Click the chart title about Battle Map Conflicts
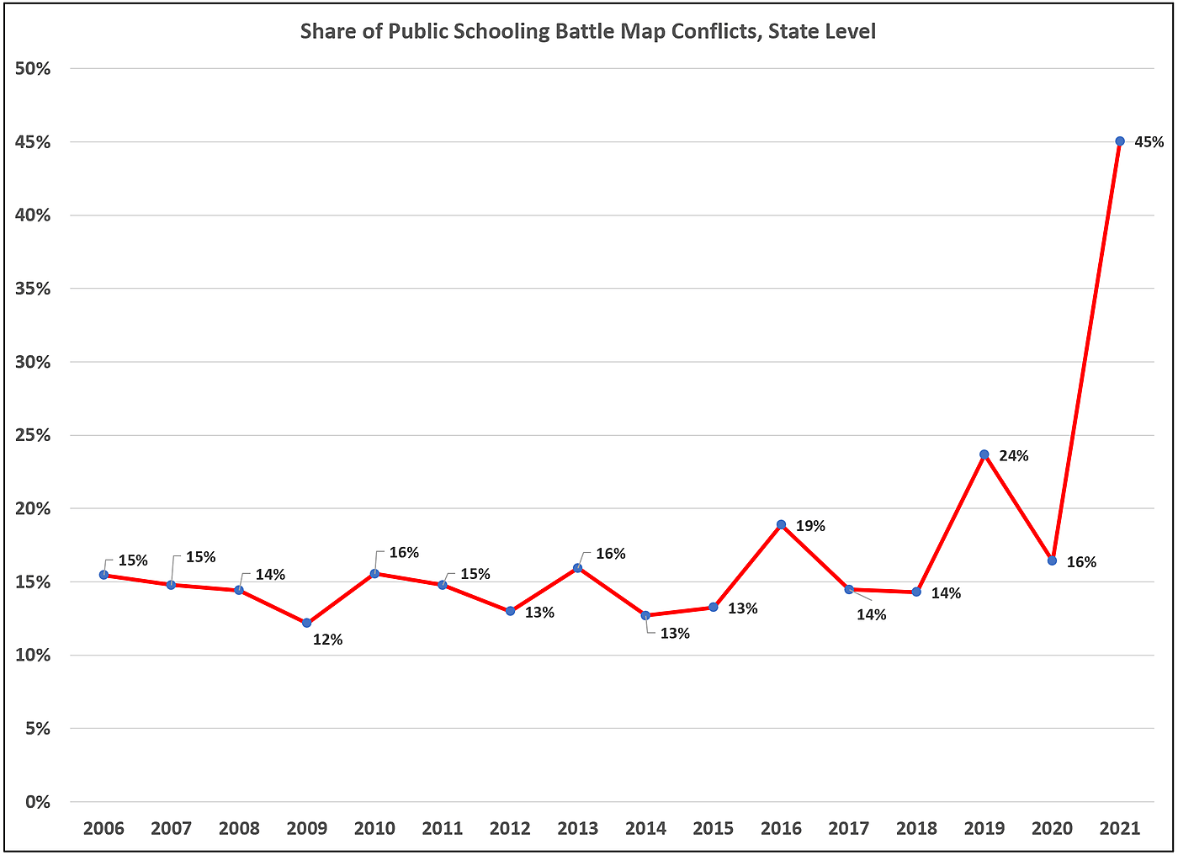click(x=588, y=32)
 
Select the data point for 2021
click(x=1119, y=141)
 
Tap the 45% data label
click(x=1149, y=142)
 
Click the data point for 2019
click(x=984, y=454)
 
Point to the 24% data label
click(x=1013, y=455)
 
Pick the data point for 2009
click(x=306, y=623)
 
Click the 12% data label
click(x=327, y=640)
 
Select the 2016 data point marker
click(x=781, y=524)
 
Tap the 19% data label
click(x=810, y=526)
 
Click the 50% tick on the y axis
click(x=33, y=69)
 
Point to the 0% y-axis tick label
click(x=37, y=802)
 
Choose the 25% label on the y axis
click(x=33, y=435)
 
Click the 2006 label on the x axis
click(x=103, y=828)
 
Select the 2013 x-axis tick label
click(x=578, y=828)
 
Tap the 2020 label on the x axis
click(x=1052, y=828)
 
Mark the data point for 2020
click(x=1052, y=560)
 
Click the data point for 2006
click(x=103, y=575)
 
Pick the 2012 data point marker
click(x=510, y=611)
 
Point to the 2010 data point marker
click(x=374, y=573)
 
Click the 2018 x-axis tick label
click(x=916, y=828)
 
